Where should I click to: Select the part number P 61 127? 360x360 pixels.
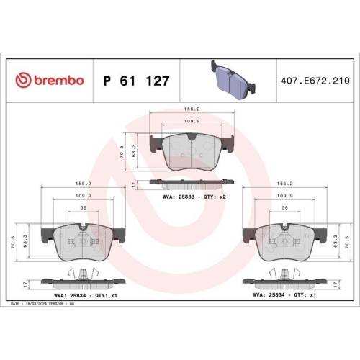pos(136,81)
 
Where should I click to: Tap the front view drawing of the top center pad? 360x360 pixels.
pos(190,150)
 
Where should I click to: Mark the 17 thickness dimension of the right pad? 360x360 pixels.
pos(336,284)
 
